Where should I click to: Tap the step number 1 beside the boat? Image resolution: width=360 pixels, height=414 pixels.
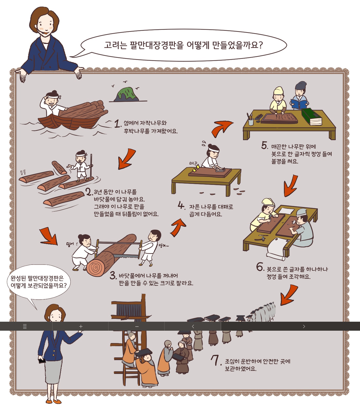pos(118,124)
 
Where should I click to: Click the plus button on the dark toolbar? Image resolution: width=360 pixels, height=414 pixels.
pos(81,326)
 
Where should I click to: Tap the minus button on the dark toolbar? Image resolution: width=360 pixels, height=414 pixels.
pos(137,326)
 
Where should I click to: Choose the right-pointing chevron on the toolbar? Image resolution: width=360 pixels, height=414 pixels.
pos(304,326)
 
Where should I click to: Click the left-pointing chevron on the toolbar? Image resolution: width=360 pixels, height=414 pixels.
pos(193,326)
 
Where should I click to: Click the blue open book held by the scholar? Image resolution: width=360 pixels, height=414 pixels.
pos(299,104)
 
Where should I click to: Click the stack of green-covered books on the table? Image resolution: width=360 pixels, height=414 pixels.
pos(312,117)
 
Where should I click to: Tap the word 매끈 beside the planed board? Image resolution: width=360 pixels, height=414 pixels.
pos(193,163)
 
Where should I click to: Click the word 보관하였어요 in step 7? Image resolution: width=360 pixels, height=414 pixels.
pos(240,369)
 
